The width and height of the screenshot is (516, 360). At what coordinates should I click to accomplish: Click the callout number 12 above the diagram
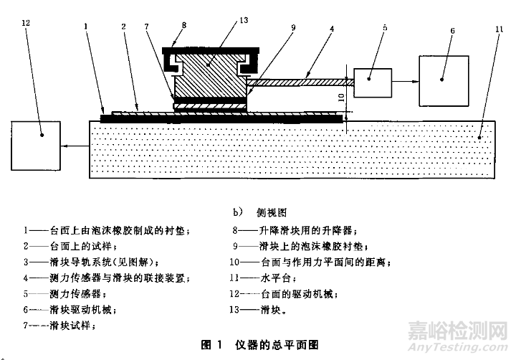click(26, 24)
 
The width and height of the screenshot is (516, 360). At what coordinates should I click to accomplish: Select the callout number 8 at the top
click(184, 24)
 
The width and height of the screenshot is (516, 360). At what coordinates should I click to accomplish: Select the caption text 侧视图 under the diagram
click(273, 213)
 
